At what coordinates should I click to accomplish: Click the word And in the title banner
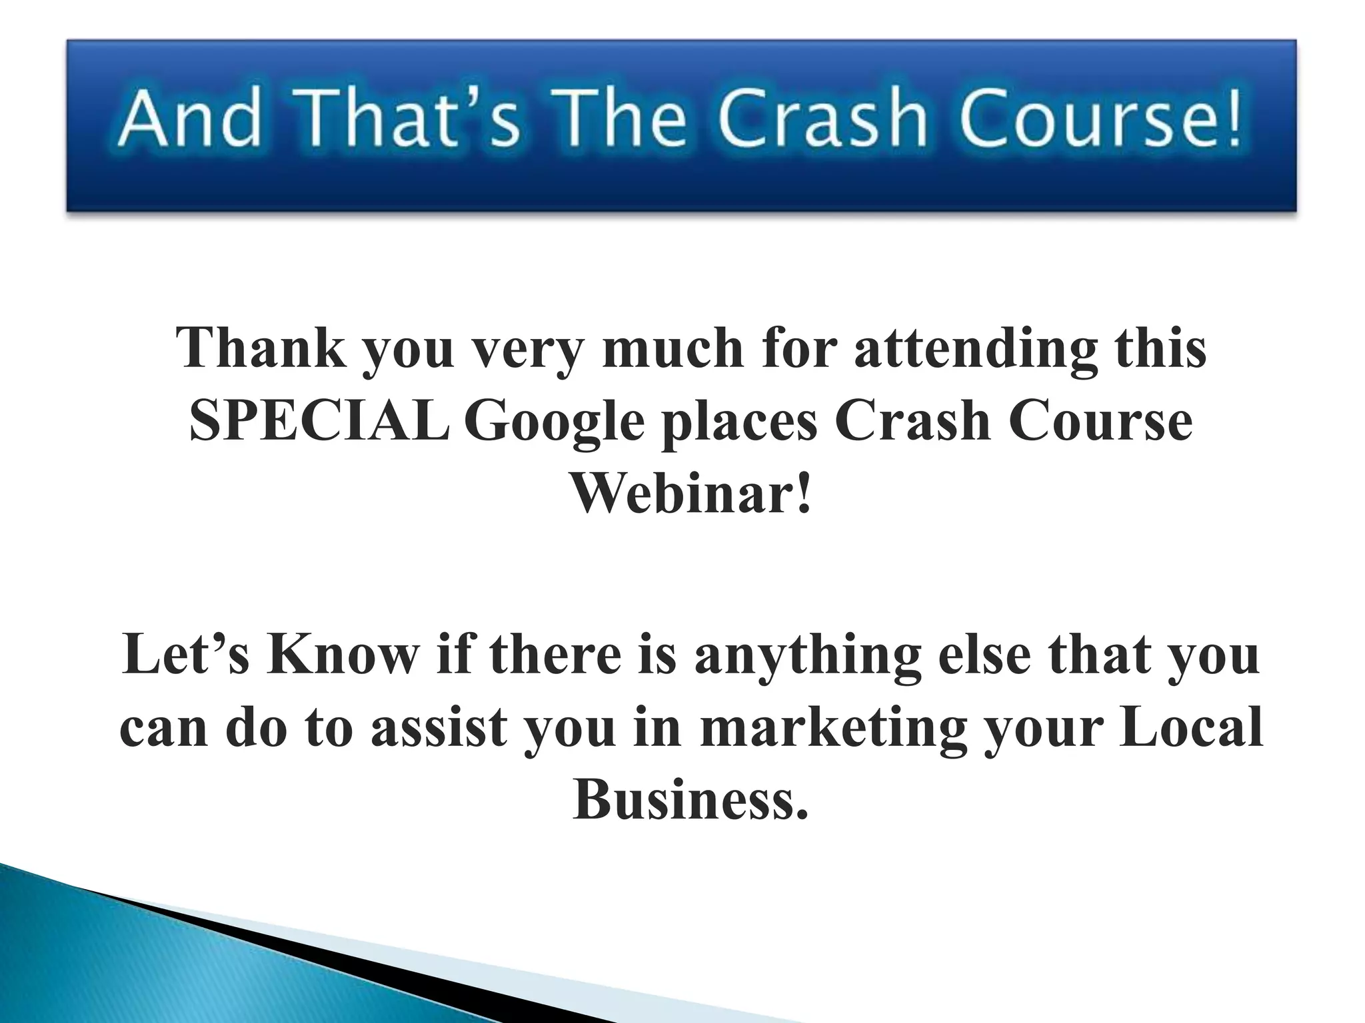click(x=189, y=118)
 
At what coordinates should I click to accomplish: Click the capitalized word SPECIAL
click(x=319, y=422)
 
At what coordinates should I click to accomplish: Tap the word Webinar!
click(x=691, y=494)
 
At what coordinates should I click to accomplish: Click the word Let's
click(x=186, y=654)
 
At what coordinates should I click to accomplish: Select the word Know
click(x=343, y=654)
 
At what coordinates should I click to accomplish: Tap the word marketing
click(x=833, y=728)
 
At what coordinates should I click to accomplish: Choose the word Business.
click(x=690, y=799)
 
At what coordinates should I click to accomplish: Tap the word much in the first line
click(x=673, y=348)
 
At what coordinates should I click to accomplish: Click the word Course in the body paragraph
click(x=1100, y=422)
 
